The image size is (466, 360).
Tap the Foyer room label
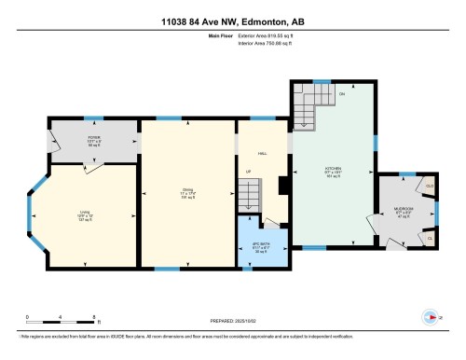pos(68,141)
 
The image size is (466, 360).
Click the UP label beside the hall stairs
pos(248,173)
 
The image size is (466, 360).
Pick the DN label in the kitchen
pos(341,94)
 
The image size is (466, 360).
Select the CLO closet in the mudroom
pos(430,187)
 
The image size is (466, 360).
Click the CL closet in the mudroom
pos(430,239)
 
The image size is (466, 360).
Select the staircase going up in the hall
pos(248,196)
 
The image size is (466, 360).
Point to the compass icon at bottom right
pos(430,315)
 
